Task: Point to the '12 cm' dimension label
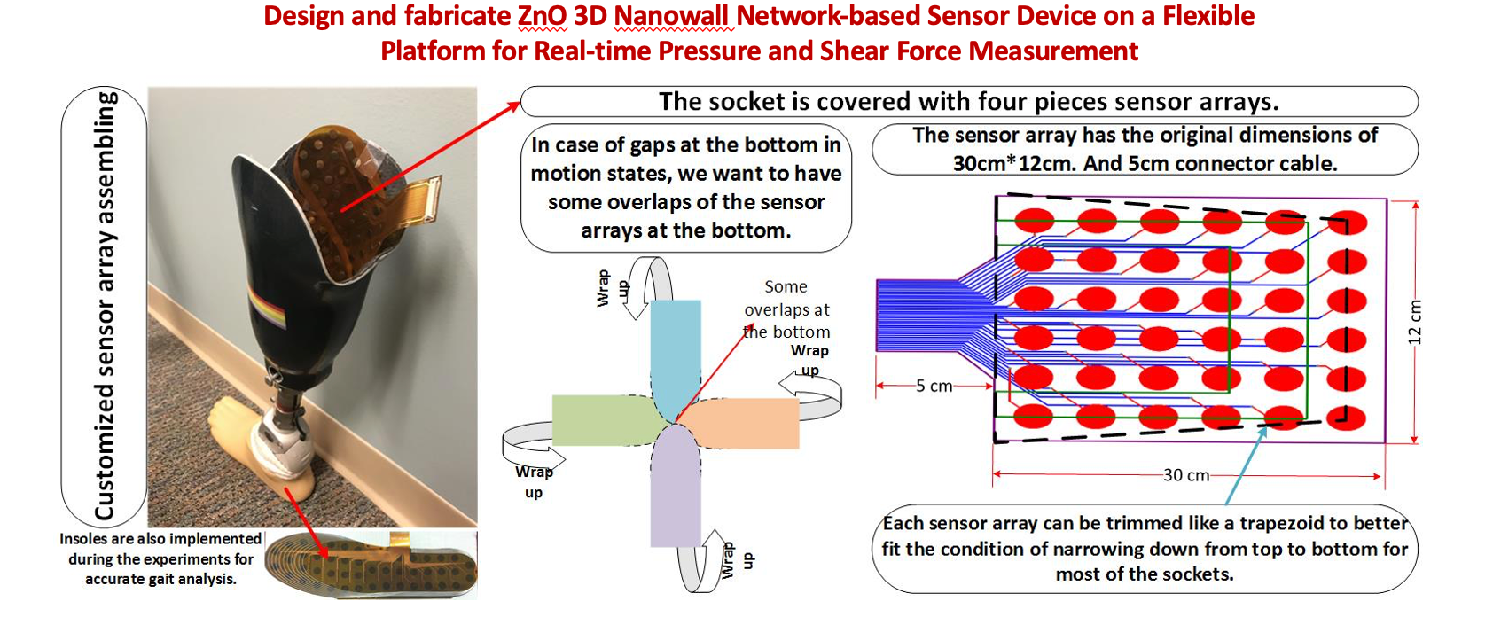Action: pyautogui.click(x=1415, y=323)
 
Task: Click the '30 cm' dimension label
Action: pyautogui.click(x=1186, y=475)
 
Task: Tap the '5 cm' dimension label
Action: pyautogui.click(x=934, y=387)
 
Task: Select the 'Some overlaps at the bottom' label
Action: pyautogui.click(x=786, y=309)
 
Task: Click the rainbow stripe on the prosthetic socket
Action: pyautogui.click(x=266, y=310)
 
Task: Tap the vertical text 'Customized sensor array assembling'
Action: pyautogui.click(x=105, y=306)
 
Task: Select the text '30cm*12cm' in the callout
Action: pyautogui.click(x=1016, y=164)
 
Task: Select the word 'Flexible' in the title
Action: pyautogui.click(x=1208, y=16)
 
